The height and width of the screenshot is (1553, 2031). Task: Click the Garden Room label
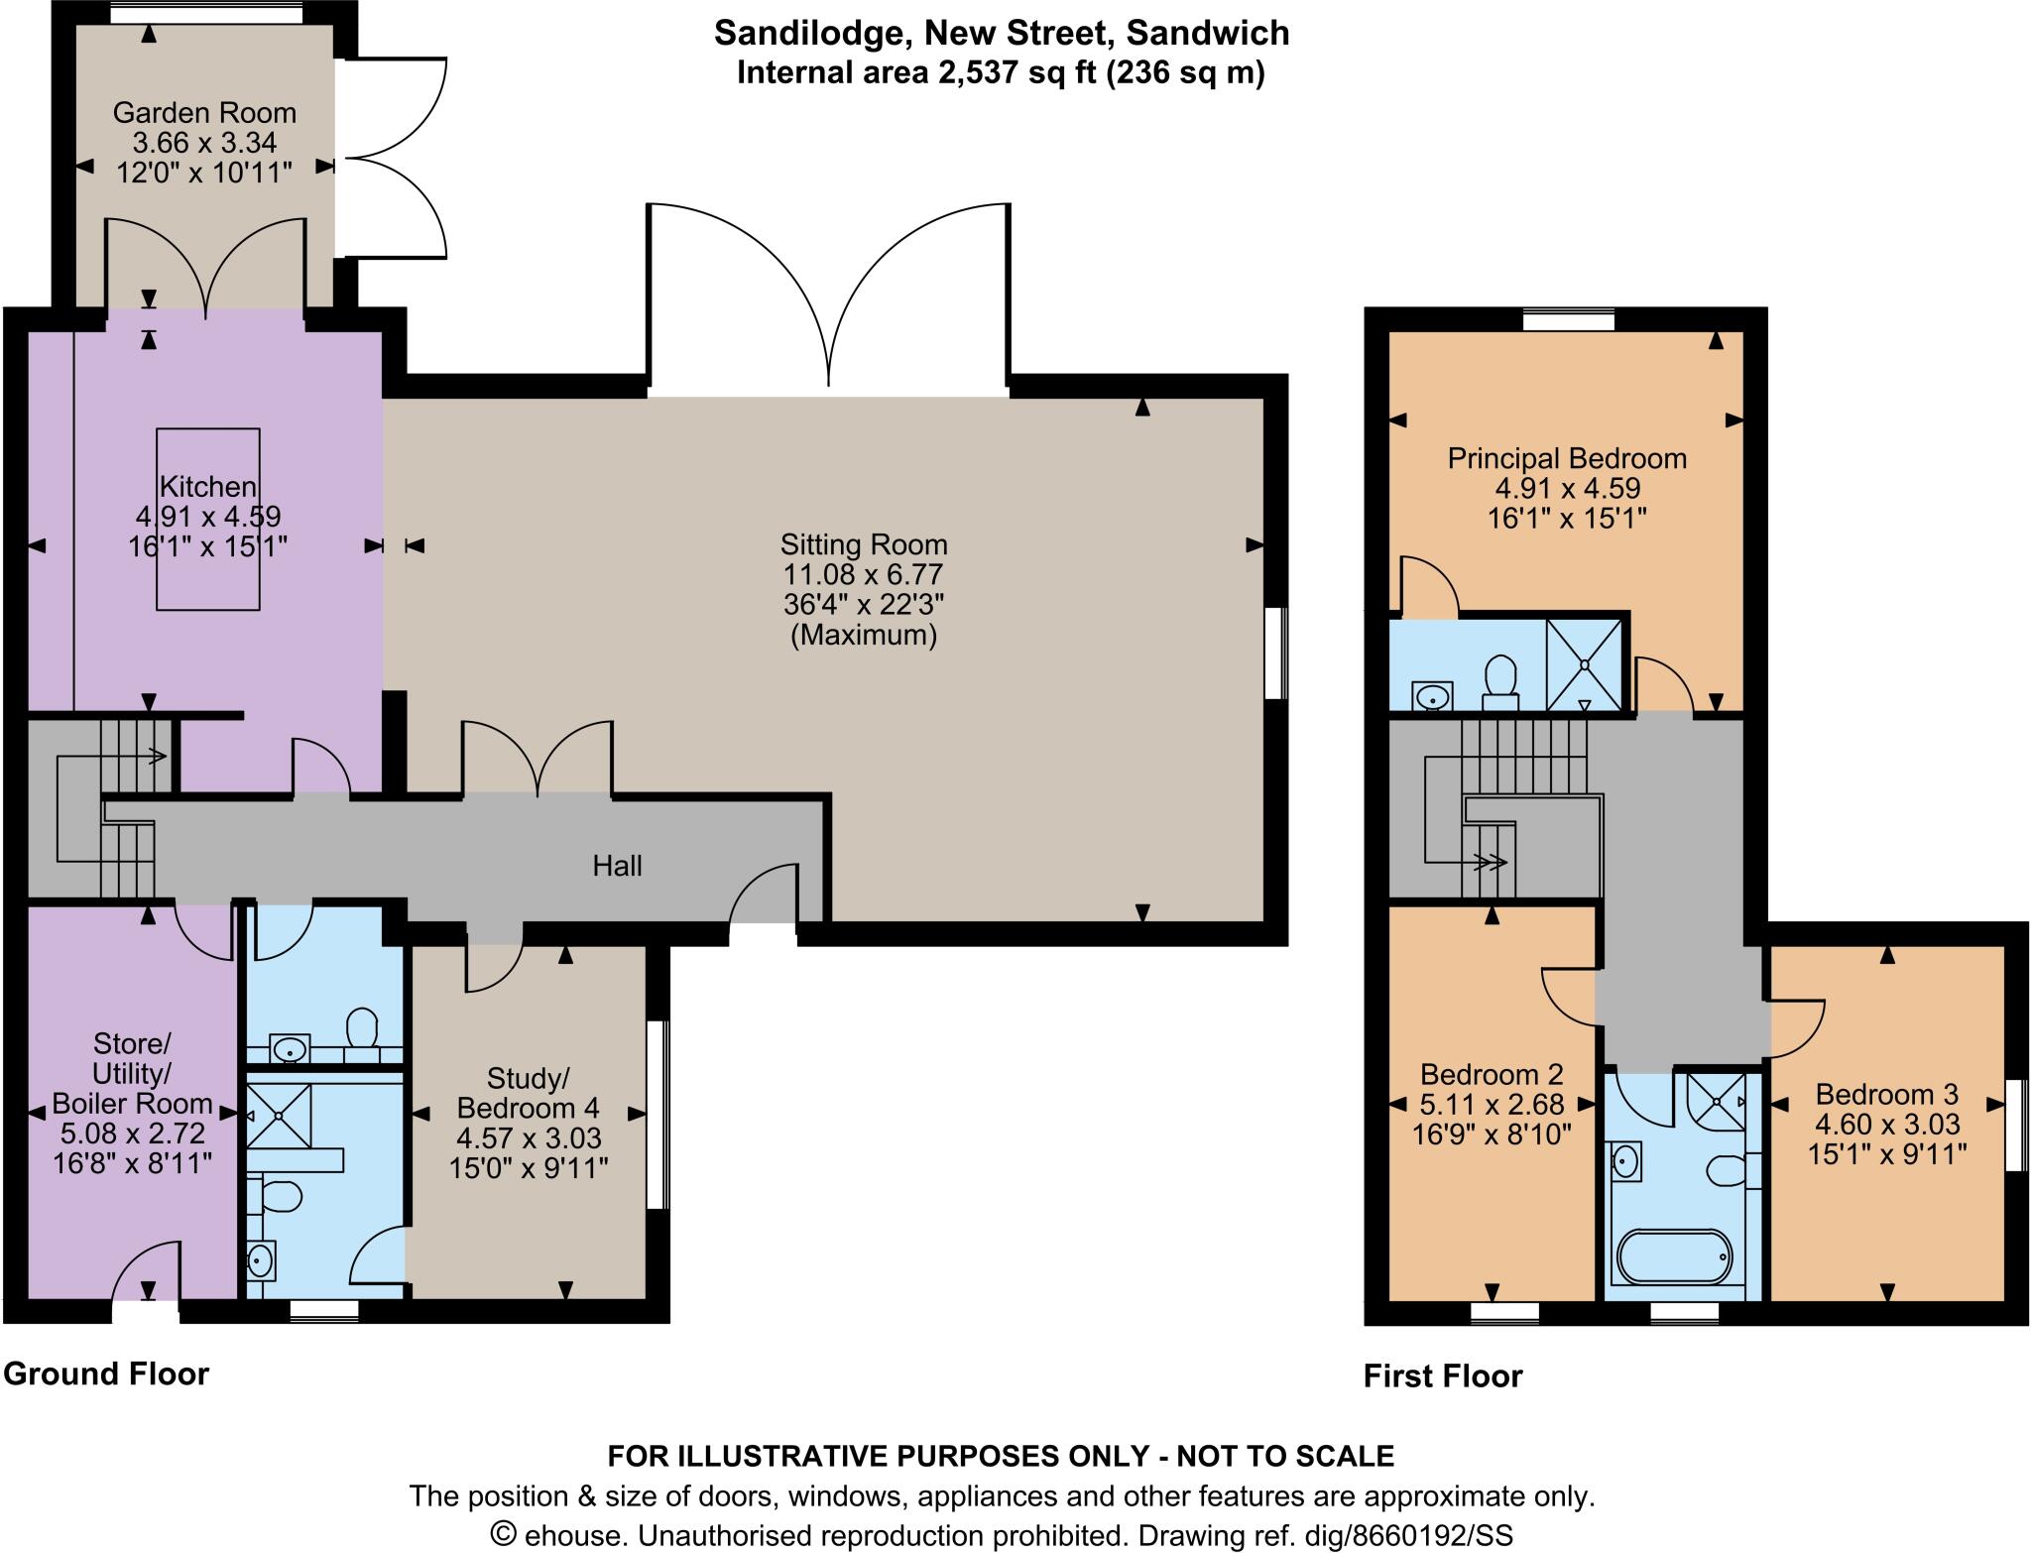[x=204, y=112]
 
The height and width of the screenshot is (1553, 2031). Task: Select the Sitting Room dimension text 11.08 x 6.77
[x=863, y=574]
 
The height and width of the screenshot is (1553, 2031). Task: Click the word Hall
[x=617, y=866]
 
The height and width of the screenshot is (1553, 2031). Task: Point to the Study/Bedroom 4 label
[x=529, y=1092]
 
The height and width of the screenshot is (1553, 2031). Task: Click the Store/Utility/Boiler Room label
[x=132, y=1073]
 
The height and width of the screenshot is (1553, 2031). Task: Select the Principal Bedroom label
[x=1567, y=458]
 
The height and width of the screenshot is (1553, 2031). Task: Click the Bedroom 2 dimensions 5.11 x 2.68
[x=1492, y=1104]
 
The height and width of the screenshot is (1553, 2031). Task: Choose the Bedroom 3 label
[x=1886, y=1094]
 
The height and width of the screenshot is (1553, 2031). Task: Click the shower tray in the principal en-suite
[x=1584, y=664]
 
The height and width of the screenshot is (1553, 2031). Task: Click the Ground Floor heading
[x=106, y=1374]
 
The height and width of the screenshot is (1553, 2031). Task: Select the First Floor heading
[x=1442, y=1375]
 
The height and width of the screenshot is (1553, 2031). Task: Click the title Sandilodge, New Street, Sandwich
[x=1002, y=33]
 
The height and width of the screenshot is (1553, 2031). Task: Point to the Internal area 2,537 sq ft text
[x=1002, y=73]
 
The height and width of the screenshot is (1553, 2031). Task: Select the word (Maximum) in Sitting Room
[x=863, y=635]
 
